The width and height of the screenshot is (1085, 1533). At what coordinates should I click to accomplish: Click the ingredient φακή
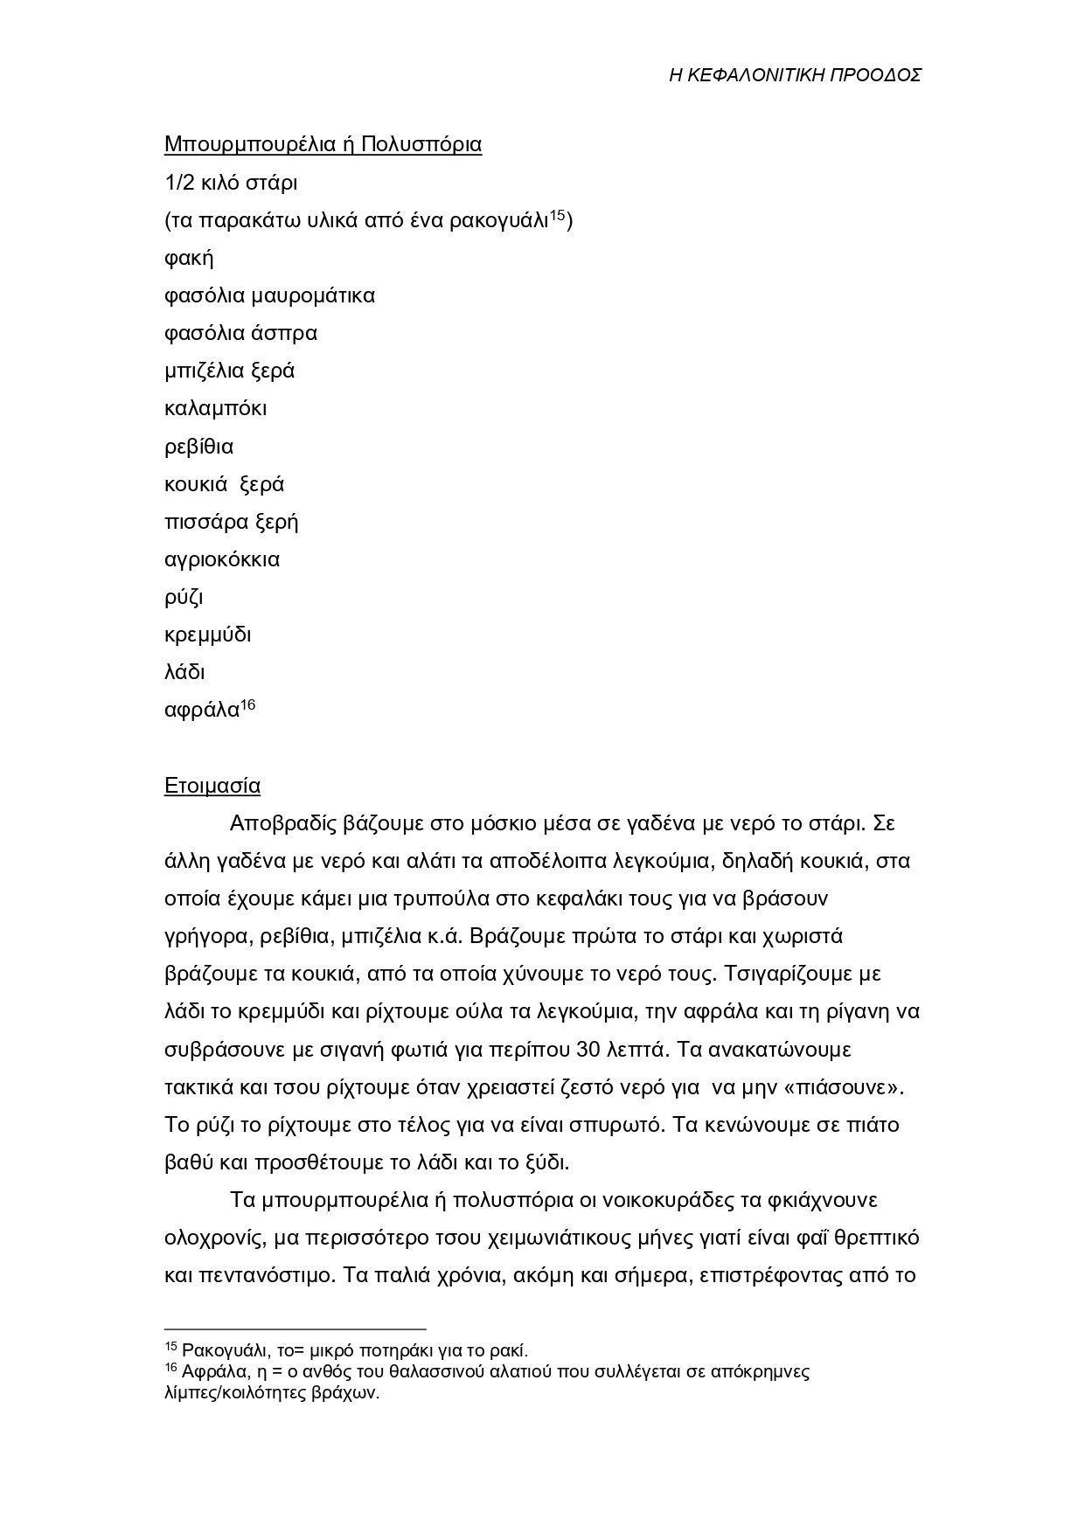coord(189,259)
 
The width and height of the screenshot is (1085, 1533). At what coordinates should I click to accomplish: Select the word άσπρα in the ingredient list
coord(288,333)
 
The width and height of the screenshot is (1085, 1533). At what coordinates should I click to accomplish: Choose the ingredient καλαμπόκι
coord(215,408)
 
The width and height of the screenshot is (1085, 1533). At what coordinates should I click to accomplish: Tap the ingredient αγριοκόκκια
coord(222,559)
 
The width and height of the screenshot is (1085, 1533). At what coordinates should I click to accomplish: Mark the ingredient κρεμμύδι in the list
coord(207,635)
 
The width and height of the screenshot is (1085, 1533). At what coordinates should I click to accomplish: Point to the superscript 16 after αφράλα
coord(247,704)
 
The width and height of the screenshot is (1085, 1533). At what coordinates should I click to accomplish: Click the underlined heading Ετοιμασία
coord(212,786)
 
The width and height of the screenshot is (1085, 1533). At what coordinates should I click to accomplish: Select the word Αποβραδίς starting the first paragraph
coord(284,824)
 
